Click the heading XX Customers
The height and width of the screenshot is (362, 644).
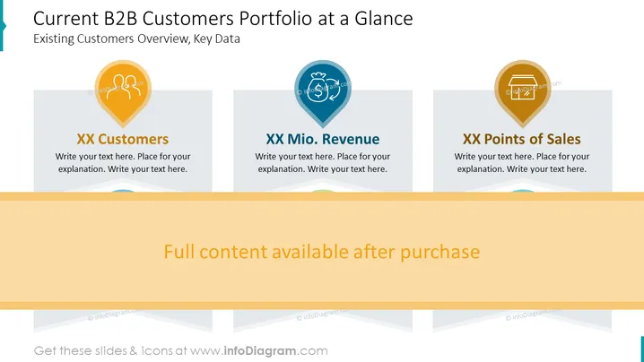[x=122, y=139]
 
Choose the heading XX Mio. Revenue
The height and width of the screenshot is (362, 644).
[x=322, y=139]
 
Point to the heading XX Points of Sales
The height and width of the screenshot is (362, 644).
[x=522, y=139]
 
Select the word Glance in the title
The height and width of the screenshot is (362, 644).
[x=384, y=19]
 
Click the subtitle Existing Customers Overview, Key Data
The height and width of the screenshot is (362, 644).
[x=136, y=39]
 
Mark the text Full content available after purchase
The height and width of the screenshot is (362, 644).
[x=322, y=252]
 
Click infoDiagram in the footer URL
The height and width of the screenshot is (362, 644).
[x=260, y=351]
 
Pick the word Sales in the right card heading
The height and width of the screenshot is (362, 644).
[x=563, y=139]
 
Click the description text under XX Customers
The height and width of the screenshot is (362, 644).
[x=123, y=162]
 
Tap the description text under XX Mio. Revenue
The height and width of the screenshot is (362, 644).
[x=322, y=162]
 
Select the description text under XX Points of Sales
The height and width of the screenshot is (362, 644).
[x=522, y=162]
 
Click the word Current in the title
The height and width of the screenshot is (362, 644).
[x=65, y=19]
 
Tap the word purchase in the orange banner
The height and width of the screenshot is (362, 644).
[x=439, y=252]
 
